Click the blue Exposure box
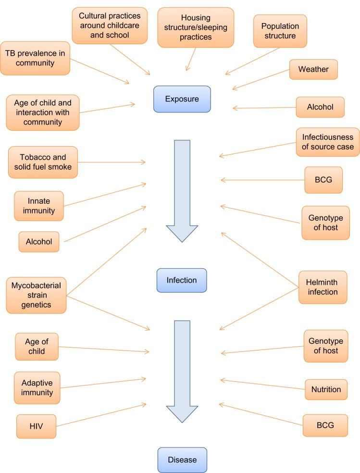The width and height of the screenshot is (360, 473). click(182, 99)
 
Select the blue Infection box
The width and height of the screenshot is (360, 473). click(181, 280)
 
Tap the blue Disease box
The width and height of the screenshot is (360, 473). click(182, 460)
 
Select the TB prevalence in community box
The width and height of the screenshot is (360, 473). click(35, 58)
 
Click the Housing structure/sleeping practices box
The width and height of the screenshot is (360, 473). click(196, 27)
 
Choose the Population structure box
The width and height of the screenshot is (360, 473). click(280, 31)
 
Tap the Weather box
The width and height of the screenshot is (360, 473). click(313, 69)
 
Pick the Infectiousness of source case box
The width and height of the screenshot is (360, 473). click(327, 142)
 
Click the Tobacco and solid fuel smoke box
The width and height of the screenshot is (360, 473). click(42, 162)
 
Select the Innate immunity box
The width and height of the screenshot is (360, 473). click(38, 206)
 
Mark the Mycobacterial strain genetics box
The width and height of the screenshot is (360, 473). click(36, 295)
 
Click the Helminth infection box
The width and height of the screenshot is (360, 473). click(323, 287)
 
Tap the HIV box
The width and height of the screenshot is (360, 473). click(36, 426)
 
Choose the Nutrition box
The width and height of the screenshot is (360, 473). click(326, 389)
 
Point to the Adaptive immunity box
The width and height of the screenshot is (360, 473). click(37, 387)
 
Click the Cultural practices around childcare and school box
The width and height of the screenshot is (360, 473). click(110, 25)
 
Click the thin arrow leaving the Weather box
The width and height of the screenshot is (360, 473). click(261, 79)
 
